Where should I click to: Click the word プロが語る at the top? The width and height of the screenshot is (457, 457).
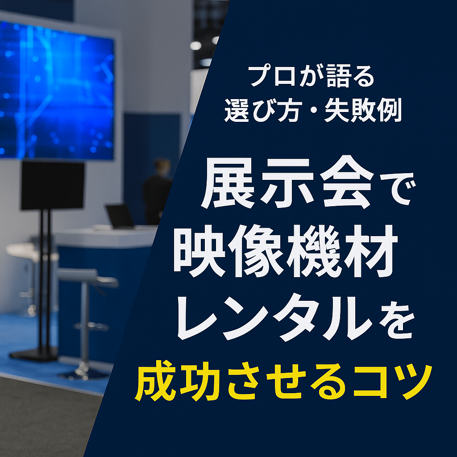click(311, 76)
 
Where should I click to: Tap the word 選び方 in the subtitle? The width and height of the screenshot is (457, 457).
click(262, 110)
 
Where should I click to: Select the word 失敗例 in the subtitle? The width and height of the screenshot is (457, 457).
click(363, 110)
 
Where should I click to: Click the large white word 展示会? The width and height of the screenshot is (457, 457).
click(287, 183)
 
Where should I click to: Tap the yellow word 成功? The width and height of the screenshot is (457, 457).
click(177, 381)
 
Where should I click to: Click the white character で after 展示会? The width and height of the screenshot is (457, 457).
click(398, 189)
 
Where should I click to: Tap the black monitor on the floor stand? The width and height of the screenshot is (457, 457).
click(53, 185)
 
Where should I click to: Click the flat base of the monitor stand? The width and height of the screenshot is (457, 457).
click(33, 354)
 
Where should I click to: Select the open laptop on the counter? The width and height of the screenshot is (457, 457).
click(120, 216)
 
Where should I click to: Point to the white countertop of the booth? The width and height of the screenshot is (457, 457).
click(105, 236)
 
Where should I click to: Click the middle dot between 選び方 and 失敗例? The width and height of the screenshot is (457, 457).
click(312, 110)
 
